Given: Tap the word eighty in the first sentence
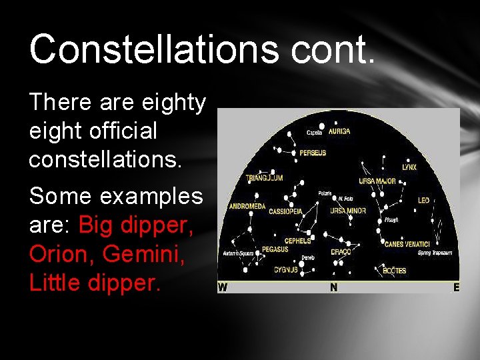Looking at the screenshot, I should click(174, 103).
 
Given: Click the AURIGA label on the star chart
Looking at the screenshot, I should click(339, 132).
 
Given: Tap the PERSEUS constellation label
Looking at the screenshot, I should click(313, 153).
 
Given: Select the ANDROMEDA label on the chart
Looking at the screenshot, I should click(247, 207).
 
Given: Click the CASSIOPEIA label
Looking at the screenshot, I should click(286, 211).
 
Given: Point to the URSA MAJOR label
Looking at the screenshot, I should click(377, 181).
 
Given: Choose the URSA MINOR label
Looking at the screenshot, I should click(348, 211).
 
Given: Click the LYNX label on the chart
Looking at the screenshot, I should click(409, 167).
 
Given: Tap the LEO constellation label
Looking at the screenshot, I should click(423, 200).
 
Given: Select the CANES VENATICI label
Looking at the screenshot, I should click(407, 244).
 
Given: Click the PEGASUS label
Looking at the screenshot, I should click(275, 249).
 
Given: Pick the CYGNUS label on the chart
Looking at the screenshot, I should click(285, 270).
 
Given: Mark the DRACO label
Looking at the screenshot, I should click(341, 253).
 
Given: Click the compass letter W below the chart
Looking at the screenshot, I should click(223, 288).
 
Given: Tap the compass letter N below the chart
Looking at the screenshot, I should click(333, 288).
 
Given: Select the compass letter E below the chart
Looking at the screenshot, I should click(456, 288).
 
